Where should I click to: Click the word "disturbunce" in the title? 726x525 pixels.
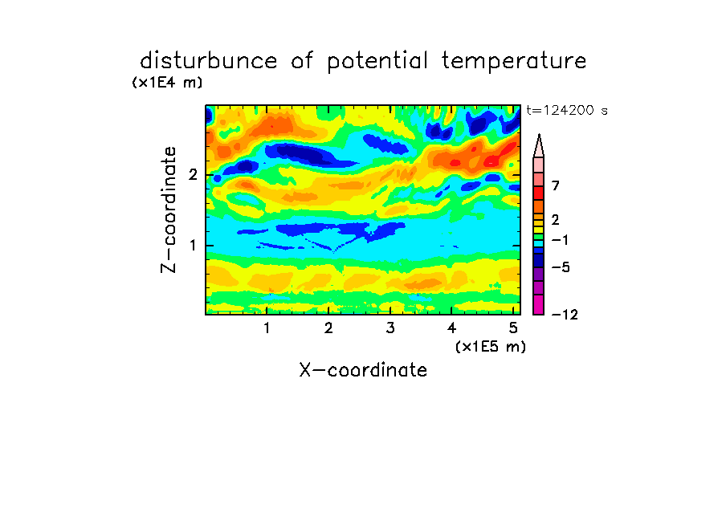click(208, 60)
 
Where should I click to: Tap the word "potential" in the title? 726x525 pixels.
click(377, 61)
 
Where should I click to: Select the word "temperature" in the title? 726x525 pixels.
click(514, 61)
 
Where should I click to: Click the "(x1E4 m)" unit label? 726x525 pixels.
click(167, 83)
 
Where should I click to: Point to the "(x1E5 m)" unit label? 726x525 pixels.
click(491, 346)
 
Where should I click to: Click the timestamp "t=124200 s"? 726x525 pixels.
click(567, 111)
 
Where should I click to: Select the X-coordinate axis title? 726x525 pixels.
click(363, 370)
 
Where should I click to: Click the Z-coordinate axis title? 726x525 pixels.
click(169, 210)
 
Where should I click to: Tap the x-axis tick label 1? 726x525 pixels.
click(267, 328)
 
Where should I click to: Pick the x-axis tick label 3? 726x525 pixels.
click(390, 328)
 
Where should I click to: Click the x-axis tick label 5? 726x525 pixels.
click(513, 328)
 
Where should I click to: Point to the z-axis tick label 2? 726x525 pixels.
click(193, 175)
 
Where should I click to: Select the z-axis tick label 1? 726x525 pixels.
click(193, 246)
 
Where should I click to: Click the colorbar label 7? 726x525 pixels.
click(556, 186)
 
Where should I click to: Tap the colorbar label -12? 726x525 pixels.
click(565, 315)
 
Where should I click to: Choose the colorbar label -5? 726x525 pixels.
click(561, 267)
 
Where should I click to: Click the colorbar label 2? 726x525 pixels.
click(556, 220)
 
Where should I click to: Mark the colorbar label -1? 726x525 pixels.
click(560, 240)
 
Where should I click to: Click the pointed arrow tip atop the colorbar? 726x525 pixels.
click(539, 135)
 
